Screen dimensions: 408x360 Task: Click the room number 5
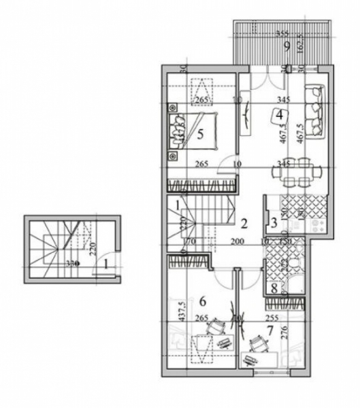tap(200, 134)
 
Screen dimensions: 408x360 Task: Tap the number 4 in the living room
tap(280, 115)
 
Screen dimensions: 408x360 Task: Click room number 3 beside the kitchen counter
tap(273, 222)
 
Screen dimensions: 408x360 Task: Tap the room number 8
tap(274, 288)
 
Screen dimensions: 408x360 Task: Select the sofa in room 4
tap(316, 112)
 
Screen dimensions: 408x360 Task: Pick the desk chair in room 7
tap(256, 342)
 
